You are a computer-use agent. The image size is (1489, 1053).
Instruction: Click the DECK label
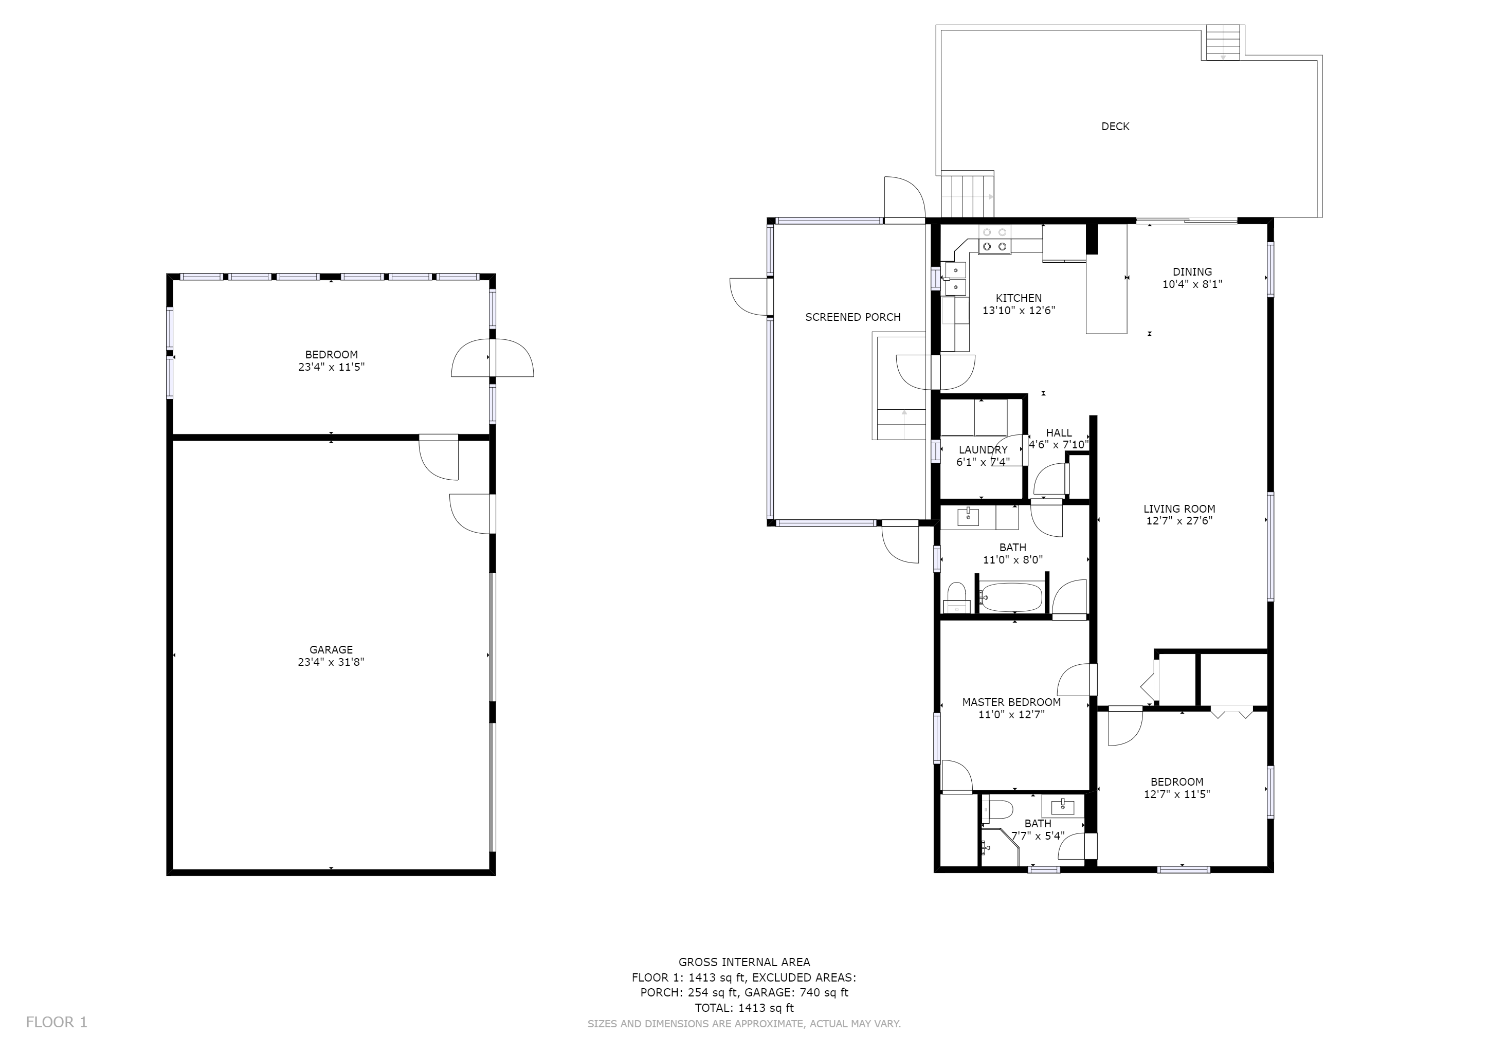pyautogui.click(x=1115, y=126)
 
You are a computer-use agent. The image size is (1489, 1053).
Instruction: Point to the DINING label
pyautogui.click(x=1191, y=271)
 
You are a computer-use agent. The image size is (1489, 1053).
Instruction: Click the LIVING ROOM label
pyautogui.click(x=1178, y=509)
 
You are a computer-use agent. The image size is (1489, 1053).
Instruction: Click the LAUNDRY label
pyautogui.click(x=983, y=450)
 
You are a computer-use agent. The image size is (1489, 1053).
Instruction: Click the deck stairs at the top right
pyautogui.click(x=1223, y=43)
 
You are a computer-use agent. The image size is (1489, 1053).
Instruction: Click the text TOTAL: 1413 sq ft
pyautogui.click(x=744, y=1008)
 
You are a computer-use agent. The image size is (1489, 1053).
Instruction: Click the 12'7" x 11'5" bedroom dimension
pyautogui.click(x=1176, y=794)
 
